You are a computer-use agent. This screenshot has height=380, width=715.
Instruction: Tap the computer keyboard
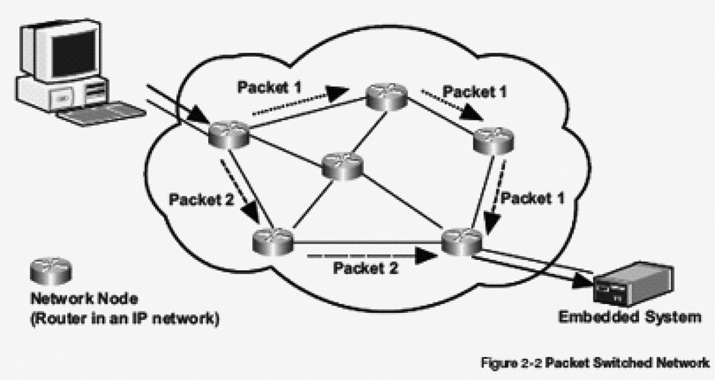101,113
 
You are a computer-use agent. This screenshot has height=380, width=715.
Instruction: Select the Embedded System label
630,316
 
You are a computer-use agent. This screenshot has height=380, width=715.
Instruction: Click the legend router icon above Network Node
50,271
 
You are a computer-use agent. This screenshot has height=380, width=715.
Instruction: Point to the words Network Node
84,299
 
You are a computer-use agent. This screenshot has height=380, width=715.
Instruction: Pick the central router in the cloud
342,166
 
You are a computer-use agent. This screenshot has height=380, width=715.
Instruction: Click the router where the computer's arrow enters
229,134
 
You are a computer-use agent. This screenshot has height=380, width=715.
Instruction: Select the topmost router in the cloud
387,96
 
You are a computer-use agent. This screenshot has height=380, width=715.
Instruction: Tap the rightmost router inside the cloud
493,141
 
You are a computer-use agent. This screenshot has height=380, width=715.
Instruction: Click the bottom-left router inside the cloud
273,241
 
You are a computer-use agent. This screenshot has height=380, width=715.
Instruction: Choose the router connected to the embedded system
462,241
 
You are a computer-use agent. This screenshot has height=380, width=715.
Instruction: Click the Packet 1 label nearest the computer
270,87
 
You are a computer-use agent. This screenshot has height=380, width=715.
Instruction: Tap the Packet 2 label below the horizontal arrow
366,268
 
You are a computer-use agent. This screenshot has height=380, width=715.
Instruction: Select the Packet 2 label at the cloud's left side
201,199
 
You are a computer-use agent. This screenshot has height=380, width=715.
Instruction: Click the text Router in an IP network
125,318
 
